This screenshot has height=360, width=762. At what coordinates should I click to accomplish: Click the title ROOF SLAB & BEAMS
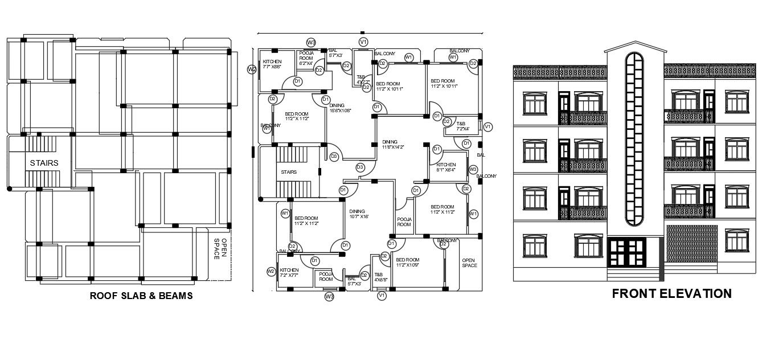141,296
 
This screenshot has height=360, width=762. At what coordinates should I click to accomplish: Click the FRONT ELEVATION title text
671,294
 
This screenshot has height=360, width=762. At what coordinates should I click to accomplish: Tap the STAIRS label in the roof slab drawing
44,163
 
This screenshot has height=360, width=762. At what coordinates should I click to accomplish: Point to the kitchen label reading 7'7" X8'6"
272,64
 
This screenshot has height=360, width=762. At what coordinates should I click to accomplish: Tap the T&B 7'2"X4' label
460,126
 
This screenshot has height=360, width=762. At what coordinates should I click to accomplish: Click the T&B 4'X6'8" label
380,277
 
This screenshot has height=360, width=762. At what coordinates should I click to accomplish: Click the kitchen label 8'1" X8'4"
446,167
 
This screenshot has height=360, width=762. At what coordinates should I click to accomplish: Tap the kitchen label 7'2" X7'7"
289,273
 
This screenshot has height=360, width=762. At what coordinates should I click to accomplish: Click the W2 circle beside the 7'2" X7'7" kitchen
271,272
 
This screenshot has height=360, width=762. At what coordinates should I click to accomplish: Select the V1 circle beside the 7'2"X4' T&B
487,126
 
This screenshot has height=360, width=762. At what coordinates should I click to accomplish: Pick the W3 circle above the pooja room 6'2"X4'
311,42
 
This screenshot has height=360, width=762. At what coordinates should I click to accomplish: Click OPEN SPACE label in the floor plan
469,263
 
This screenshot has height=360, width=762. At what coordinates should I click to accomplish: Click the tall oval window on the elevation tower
633,139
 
